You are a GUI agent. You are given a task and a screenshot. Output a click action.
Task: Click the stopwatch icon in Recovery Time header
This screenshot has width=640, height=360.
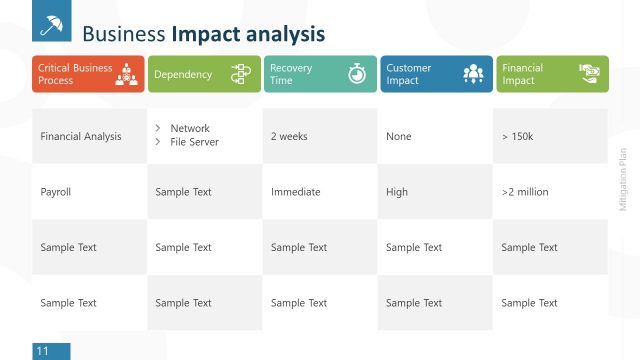(x=357, y=74)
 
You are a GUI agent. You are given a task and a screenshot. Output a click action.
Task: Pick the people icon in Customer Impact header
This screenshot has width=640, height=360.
(x=473, y=74)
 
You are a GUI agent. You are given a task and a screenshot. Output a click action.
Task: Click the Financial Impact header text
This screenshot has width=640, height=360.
(x=523, y=74)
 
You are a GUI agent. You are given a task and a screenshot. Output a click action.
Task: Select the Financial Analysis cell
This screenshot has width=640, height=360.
(x=80, y=136)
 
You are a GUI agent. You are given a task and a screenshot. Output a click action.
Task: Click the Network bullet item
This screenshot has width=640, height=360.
(x=190, y=128)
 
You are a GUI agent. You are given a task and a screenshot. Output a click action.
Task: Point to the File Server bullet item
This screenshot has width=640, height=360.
(x=194, y=142)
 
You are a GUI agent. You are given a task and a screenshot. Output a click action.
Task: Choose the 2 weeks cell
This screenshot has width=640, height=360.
(x=289, y=136)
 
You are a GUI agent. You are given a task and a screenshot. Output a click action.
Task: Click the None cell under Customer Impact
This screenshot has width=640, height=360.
(x=398, y=136)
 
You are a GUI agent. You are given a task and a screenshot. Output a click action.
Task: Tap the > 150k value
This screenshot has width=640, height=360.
(x=517, y=136)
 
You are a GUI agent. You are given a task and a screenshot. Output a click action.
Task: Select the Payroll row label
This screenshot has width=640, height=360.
(x=56, y=192)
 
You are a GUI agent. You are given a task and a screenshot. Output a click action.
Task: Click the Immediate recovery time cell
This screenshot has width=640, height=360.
(x=295, y=192)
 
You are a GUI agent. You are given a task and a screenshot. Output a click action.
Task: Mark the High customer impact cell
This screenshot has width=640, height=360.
(x=397, y=192)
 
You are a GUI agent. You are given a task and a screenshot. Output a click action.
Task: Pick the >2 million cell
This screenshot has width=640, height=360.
(x=525, y=192)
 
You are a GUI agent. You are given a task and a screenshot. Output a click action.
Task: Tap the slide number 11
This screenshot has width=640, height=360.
(x=43, y=351)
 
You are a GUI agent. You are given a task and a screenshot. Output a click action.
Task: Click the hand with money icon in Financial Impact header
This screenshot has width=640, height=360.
(x=589, y=73)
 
